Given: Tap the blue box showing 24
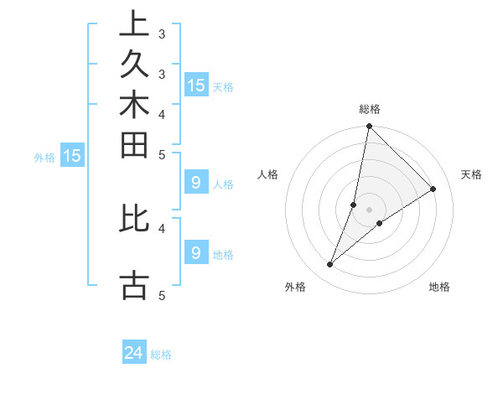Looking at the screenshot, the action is click(x=134, y=354).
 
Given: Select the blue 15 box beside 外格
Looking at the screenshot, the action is click(x=72, y=155).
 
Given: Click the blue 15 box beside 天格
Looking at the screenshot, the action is click(x=196, y=86).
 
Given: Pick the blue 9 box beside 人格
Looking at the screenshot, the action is click(x=195, y=182).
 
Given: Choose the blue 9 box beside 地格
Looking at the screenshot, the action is click(x=195, y=252).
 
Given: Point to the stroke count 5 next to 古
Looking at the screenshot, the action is click(x=161, y=295).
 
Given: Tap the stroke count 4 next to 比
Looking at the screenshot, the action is click(x=161, y=226).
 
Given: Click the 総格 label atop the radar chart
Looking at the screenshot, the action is click(x=370, y=109).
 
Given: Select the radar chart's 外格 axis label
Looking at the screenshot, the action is click(x=295, y=288).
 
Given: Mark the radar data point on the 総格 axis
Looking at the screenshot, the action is click(x=369, y=127).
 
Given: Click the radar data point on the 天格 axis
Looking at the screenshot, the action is click(x=433, y=189).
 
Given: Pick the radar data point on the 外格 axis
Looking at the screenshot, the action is click(x=330, y=265).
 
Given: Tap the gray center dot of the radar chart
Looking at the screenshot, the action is click(x=369, y=210).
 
